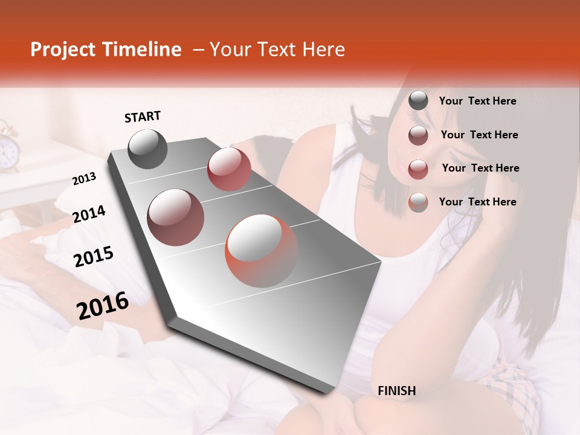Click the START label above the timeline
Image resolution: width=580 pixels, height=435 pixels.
click(143, 117)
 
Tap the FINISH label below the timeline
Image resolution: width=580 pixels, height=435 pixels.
click(396, 391)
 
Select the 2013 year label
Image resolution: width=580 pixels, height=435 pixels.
click(84, 179)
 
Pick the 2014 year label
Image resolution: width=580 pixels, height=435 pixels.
click(89, 214)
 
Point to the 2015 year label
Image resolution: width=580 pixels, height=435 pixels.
click(94, 257)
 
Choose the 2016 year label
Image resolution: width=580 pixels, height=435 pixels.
click(103, 305)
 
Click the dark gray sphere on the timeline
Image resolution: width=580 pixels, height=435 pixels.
click(147, 149)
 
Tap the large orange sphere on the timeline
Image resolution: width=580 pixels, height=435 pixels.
click(262, 251)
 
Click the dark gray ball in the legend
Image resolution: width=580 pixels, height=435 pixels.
click(418, 101)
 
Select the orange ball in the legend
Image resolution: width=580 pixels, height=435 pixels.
click(418, 202)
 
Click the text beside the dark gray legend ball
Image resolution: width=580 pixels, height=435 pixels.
click(477, 101)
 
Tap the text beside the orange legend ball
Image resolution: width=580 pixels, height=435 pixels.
click(477, 202)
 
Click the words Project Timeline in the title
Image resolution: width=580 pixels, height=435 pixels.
click(106, 50)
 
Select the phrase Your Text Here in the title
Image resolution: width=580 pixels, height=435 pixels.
click(277, 50)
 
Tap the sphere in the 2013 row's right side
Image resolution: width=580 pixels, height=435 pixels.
click(229, 169)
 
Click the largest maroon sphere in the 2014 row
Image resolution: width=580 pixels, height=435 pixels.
click(175, 217)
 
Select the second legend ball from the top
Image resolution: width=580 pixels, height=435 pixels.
click(418, 135)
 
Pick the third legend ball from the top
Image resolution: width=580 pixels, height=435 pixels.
click(418, 169)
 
